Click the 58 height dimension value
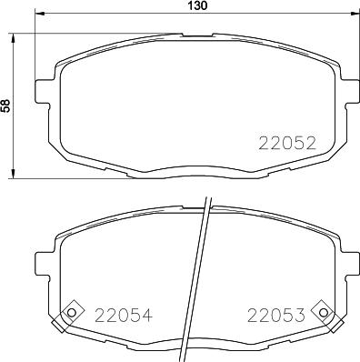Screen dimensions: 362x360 click(5, 106)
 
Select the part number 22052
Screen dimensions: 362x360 click(287, 142)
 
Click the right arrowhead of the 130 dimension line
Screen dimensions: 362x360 click(354, 15)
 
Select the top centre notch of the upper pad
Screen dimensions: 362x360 click(195, 35)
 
